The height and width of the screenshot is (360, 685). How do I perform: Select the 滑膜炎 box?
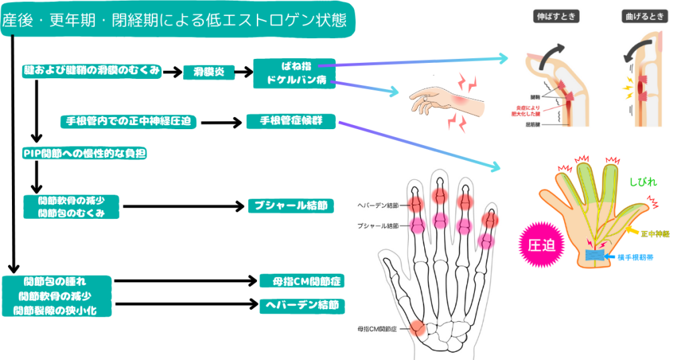point(210,72)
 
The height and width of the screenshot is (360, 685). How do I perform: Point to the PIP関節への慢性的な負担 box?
point(84,153)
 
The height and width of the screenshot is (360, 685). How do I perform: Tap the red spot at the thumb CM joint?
point(417,328)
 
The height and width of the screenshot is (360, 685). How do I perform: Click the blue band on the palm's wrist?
point(595,255)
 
